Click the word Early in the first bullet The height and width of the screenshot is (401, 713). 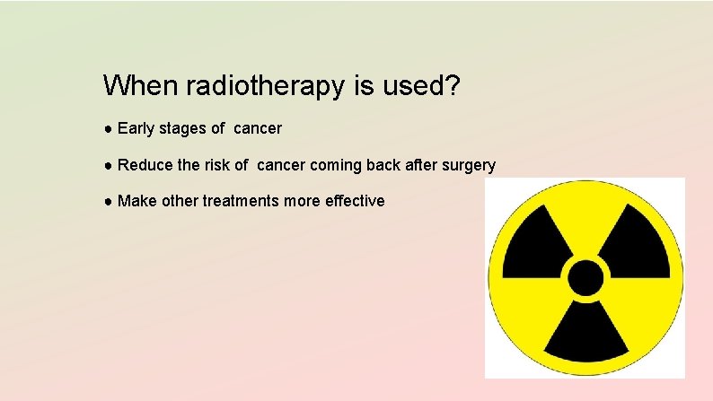[x=136, y=128]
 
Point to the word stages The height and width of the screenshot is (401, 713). [x=183, y=129]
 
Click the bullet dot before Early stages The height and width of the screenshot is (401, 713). [x=108, y=129]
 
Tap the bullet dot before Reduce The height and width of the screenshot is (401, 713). [x=108, y=166]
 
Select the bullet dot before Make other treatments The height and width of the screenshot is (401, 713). [x=108, y=202]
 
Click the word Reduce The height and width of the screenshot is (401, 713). [x=145, y=165]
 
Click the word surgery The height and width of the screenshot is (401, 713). [x=467, y=166]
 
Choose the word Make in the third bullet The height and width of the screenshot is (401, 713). [x=136, y=201]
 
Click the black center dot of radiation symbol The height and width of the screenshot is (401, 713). [x=585, y=278]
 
